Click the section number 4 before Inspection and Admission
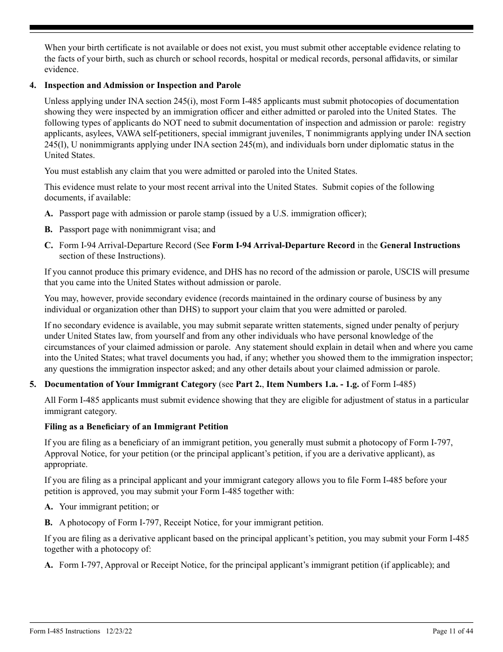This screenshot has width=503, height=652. (32, 85)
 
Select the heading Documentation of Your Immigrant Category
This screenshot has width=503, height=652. (130, 384)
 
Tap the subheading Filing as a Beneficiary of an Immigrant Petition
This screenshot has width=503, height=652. (136, 427)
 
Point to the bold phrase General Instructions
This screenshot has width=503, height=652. (420, 245)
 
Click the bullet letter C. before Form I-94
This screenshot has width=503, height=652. (48, 245)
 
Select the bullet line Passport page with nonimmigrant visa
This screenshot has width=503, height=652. (137, 230)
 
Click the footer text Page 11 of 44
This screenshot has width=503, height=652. (453, 631)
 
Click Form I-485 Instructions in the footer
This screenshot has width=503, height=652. (65, 631)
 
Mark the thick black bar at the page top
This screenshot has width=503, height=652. (251, 28)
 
